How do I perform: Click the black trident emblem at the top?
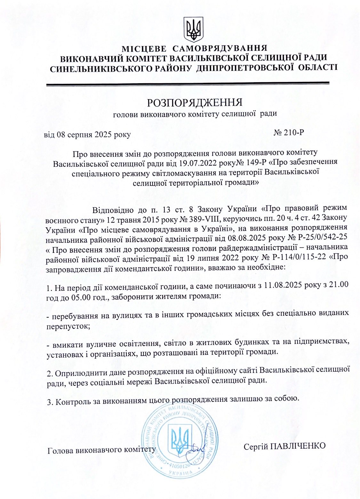coord(194,29)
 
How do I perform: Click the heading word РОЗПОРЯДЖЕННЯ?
coord(195,102)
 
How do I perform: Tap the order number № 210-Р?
coord(289,133)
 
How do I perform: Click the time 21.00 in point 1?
coord(337,286)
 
